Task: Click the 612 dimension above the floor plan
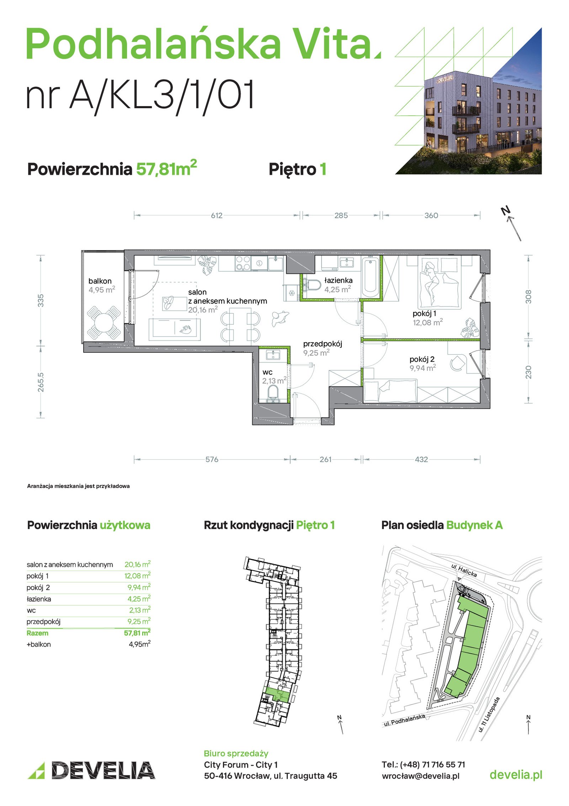(217, 215)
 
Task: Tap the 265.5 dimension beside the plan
(41, 382)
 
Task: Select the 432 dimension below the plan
(421, 459)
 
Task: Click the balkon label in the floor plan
(100, 281)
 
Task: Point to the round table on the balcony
(103, 323)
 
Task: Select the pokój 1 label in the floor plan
(424, 314)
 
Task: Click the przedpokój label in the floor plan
(323, 344)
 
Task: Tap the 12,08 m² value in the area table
(137, 576)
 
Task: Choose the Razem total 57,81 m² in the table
(137, 633)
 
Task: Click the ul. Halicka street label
(464, 570)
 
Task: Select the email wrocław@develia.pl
(421, 776)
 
